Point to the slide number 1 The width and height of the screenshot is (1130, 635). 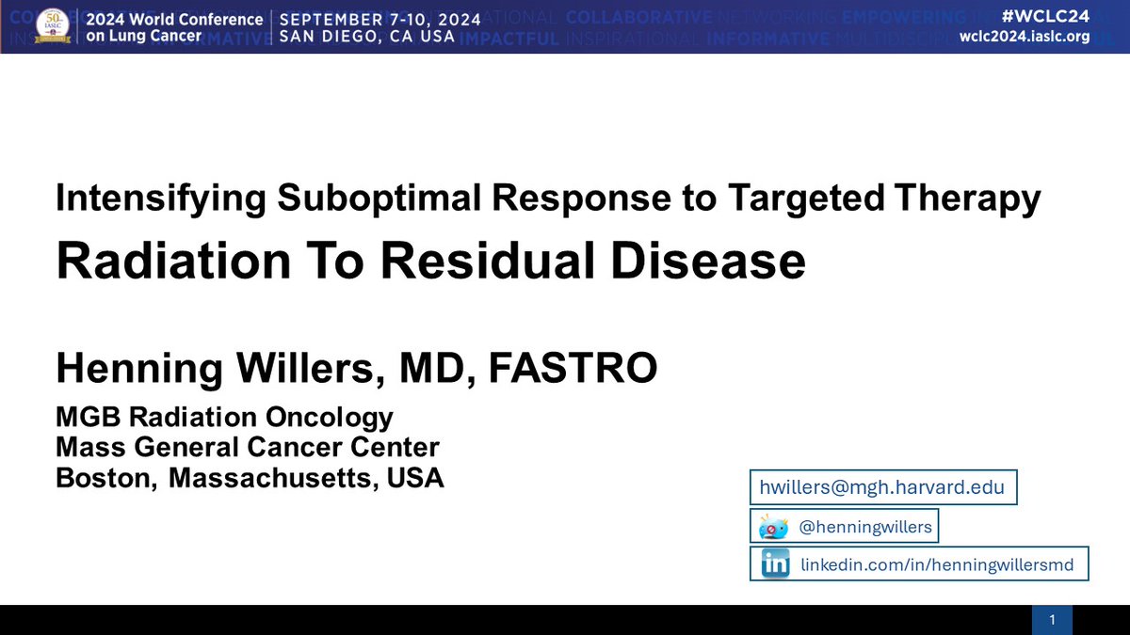pyautogui.click(x=1052, y=619)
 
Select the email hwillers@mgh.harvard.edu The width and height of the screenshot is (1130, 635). pyautogui.click(x=882, y=487)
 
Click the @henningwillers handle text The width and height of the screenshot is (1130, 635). pyautogui.click(x=864, y=527)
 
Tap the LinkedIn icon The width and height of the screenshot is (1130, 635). pyautogui.click(x=775, y=564)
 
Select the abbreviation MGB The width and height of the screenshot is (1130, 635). pyautogui.click(x=88, y=417)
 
